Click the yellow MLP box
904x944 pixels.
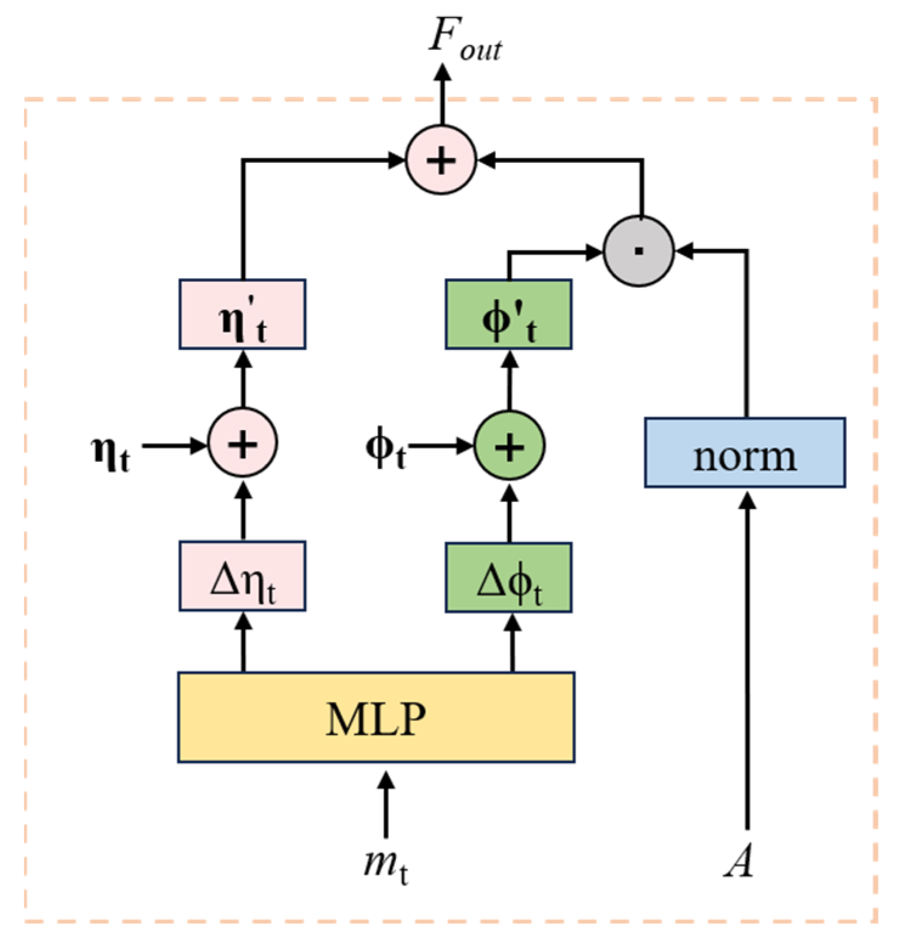pyautogui.click(x=376, y=717)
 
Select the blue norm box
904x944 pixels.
pyautogui.click(x=744, y=453)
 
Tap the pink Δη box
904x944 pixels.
pyautogui.click(x=242, y=576)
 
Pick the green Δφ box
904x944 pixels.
pyautogui.click(x=508, y=578)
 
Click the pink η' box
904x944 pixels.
pyautogui.click(x=242, y=315)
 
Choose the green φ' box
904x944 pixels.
pyautogui.click(x=508, y=315)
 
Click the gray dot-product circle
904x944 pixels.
pyautogui.click(x=639, y=251)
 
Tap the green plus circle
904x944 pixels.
pyautogui.click(x=509, y=446)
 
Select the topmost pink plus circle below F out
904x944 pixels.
pyautogui.click(x=441, y=160)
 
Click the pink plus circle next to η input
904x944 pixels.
pyautogui.click(x=243, y=444)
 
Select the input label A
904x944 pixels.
pyautogui.click(x=739, y=861)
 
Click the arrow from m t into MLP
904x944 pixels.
pyautogui.click(x=386, y=805)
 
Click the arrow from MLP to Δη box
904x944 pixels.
pyautogui.click(x=244, y=642)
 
